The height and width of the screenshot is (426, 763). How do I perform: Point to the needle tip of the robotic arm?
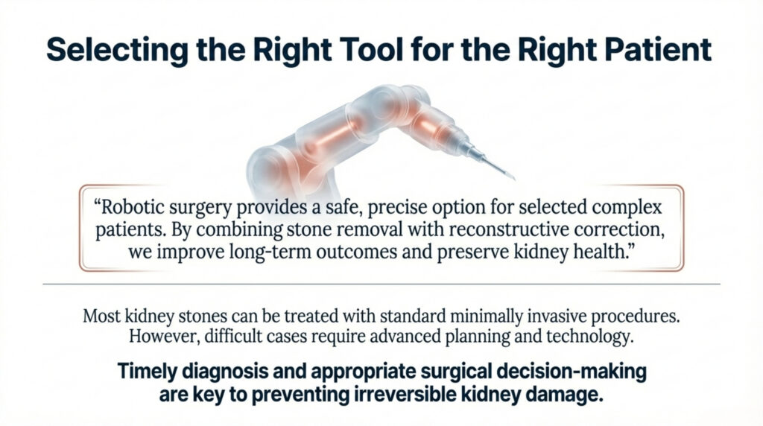(512, 178)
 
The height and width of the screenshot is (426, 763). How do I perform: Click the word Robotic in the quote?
(137, 204)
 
